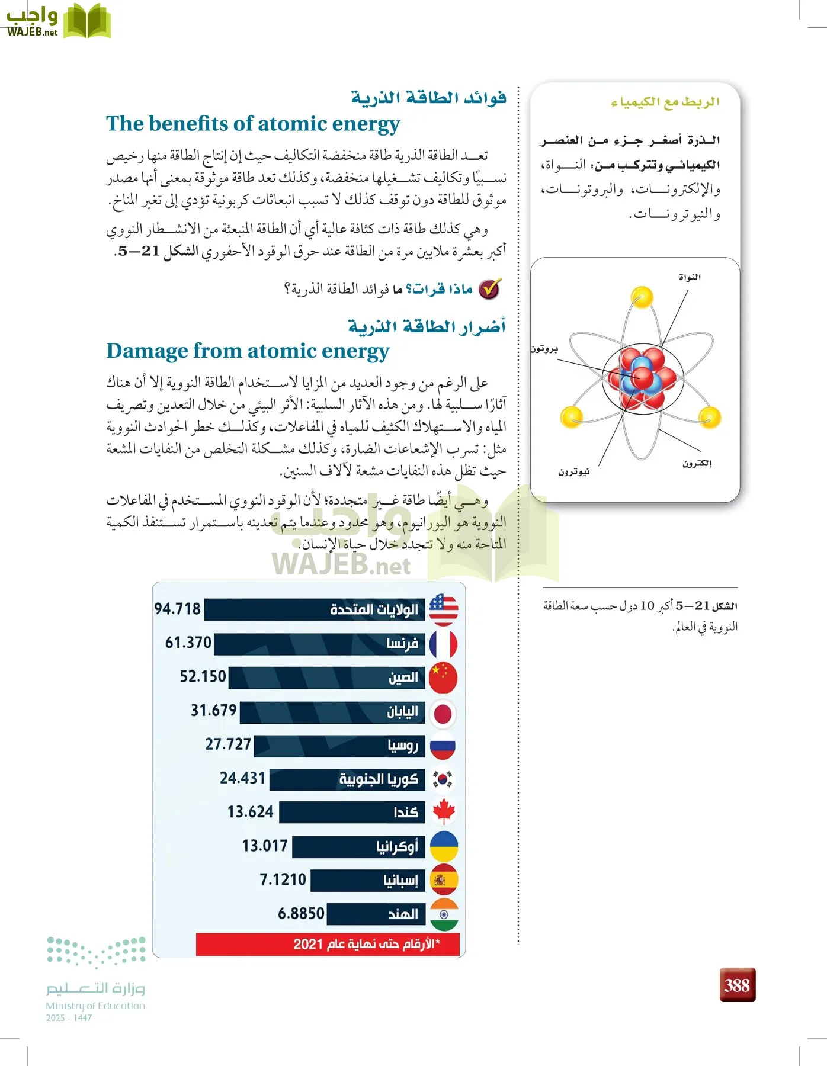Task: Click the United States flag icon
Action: [443, 610]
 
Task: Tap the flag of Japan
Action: [443, 713]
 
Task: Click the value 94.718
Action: [177, 609]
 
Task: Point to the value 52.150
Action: [203, 677]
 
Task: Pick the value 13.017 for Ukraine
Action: [264, 846]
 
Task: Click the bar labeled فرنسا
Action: [319, 644]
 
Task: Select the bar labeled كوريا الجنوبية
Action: [347, 779]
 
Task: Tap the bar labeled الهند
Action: [376, 914]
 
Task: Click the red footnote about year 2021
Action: [328, 944]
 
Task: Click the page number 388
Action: [737, 985]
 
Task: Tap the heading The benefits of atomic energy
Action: [253, 124]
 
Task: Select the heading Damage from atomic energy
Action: [248, 351]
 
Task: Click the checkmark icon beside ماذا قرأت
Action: [489, 289]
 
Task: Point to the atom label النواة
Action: [690, 277]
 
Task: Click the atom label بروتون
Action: [544, 349]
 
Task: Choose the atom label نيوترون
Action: [573, 472]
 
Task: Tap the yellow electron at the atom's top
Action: [642, 297]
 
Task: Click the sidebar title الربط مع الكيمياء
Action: [665, 102]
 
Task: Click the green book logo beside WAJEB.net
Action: [87, 22]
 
